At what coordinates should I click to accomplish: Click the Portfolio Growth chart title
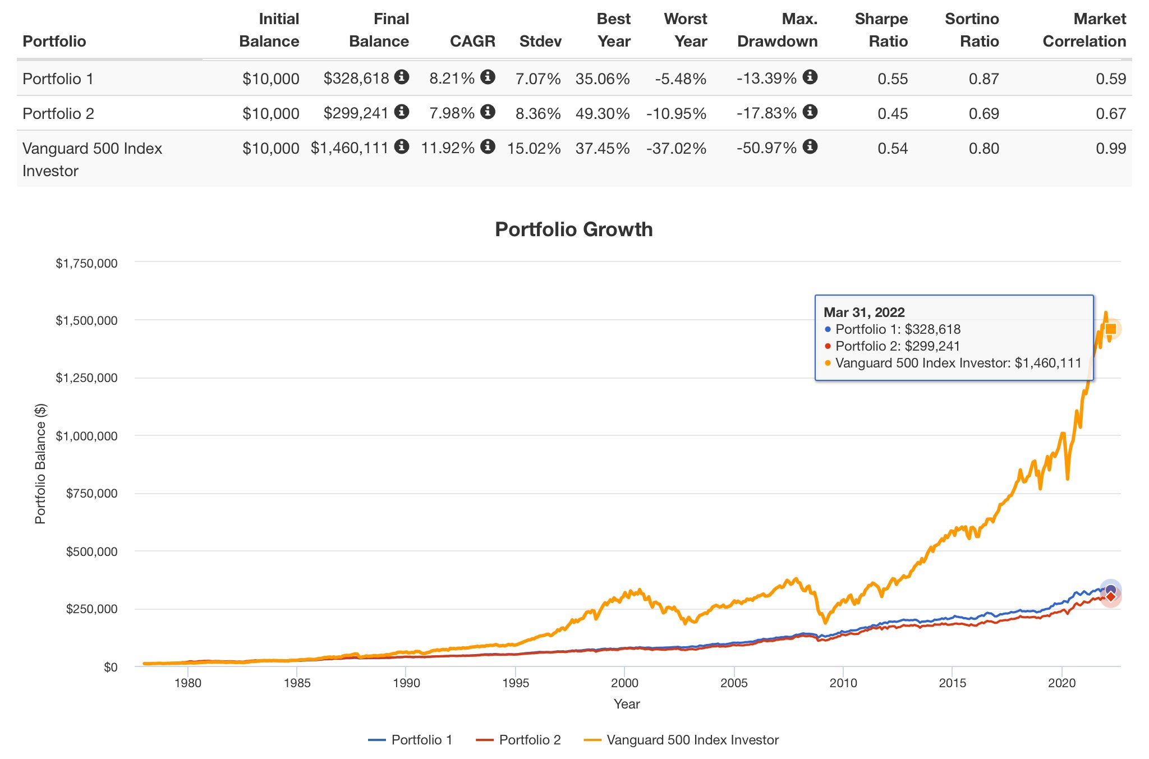pos(573,229)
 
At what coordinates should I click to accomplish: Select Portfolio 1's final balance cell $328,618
pos(356,79)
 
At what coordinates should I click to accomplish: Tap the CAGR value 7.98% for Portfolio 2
pos(452,113)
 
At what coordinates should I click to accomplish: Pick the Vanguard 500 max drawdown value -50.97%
pos(766,148)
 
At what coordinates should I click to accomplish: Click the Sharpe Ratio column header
pos(881,30)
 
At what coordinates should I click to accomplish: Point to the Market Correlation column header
pos(1084,30)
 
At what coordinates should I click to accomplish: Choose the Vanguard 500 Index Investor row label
pos(92,159)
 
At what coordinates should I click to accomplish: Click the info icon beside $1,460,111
pos(401,147)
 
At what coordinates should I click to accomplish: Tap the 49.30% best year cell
pos(602,113)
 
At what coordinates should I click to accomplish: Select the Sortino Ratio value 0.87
pos(983,79)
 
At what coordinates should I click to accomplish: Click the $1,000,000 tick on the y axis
pos(86,436)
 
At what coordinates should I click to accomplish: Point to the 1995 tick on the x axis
pos(515,683)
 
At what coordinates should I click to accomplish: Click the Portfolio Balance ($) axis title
pos(40,463)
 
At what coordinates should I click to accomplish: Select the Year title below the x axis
pos(626,704)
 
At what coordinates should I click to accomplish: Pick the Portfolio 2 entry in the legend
pos(518,740)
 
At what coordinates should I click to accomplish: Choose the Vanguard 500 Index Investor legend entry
pos(681,740)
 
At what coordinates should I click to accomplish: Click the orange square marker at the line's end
pos(1111,329)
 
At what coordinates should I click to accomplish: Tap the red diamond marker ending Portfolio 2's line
pos(1110,596)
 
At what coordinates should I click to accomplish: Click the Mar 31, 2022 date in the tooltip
pos(864,312)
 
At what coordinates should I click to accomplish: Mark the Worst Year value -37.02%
pos(676,148)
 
